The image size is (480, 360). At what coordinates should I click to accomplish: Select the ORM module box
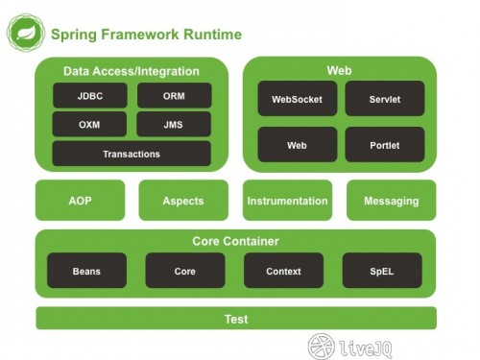[174, 97]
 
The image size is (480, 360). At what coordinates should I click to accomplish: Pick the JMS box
[174, 125]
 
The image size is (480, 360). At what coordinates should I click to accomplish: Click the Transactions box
[132, 154]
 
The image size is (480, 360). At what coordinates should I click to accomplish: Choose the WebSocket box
[298, 99]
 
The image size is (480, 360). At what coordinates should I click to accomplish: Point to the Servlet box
[385, 99]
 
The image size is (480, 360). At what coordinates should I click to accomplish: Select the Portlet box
[385, 145]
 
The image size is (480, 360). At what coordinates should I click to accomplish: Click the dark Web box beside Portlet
[298, 145]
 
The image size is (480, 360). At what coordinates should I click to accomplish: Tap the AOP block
[80, 201]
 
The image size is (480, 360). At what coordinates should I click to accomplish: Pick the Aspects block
[184, 201]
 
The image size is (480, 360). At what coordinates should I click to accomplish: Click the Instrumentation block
[287, 201]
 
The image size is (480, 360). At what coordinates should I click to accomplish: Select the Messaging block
[391, 201]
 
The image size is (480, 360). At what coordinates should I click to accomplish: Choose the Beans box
[86, 271]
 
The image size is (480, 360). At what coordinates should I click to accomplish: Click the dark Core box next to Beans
[185, 271]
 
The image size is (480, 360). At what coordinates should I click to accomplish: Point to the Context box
[284, 271]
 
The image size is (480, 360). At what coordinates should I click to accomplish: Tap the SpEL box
[384, 271]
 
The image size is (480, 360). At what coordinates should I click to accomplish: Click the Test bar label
[235, 319]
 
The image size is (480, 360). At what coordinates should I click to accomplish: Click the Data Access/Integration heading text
[132, 71]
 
